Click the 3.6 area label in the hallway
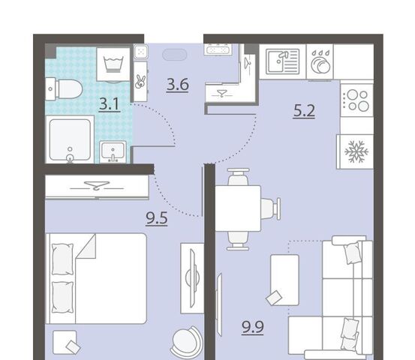pyautogui.click(x=178, y=85)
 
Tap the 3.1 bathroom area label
pyautogui.click(x=110, y=104)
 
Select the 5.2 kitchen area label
pyautogui.click(x=304, y=111)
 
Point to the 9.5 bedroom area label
pyautogui.click(x=157, y=218)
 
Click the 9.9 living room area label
pyautogui.click(x=253, y=327)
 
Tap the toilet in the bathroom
pyautogui.click(x=64, y=89)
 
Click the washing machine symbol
pyautogui.click(x=113, y=64)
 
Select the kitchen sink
pyautogui.click(x=282, y=61)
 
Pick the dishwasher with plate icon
pyautogui.click(x=320, y=61)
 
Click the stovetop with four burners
pyautogui.click(x=356, y=100)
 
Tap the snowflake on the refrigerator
pyautogui.click(x=356, y=151)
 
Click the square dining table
pyautogui.click(x=238, y=208)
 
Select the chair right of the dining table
pyautogui.click(x=271, y=208)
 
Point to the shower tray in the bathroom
pyautogui.click(x=70, y=139)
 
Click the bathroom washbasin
pyautogui.click(x=113, y=151)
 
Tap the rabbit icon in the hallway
pyautogui.click(x=140, y=82)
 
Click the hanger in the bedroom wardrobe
pyautogui.click(x=96, y=186)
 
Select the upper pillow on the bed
pyautogui.click(x=62, y=259)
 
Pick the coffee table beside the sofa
pyautogui.click(x=284, y=280)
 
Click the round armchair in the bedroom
pyautogui.click(x=187, y=342)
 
